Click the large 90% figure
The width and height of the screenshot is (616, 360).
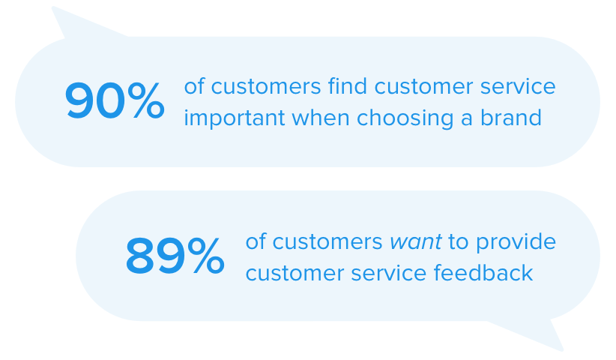click(x=115, y=101)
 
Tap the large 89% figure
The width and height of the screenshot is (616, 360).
click(x=175, y=256)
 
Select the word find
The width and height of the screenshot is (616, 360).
click(x=347, y=86)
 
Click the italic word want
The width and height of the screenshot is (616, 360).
click(x=415, y=242)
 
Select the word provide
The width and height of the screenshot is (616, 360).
click(x=517, y=242)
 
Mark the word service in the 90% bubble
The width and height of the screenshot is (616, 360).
click(x=519, y=86)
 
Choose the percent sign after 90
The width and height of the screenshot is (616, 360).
click(x=145, y=101)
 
